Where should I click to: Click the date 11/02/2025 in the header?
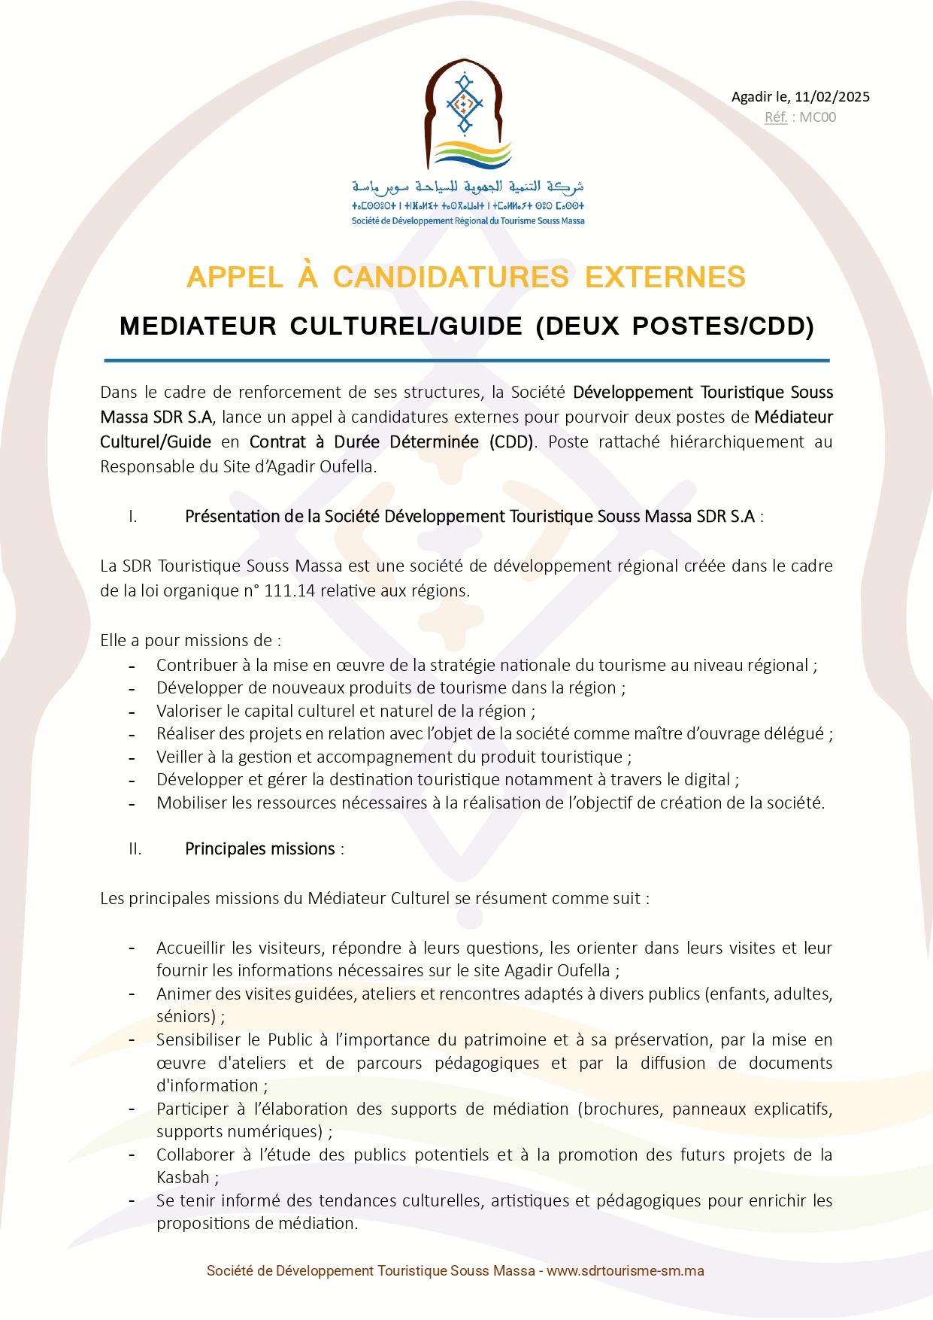pyautogui.click(x=832, y=96)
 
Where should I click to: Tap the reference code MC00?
pyautogui.click(x=817, y=117)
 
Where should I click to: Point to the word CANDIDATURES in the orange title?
pyautogui.click(x=450, y=277)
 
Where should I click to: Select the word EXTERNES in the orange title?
pyautogui.click(x=665, y=277)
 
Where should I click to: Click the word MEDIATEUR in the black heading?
pyautogui.click(x=198, y=326)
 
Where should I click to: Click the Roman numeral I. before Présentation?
pyautogui.click(x=133, y=516)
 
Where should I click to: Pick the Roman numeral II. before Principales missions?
pyautogui.click(x=135, y=848)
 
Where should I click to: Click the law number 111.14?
pyautogui.click(x=289, y=590)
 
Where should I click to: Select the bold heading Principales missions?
pyautogui.click(x=260, y=848)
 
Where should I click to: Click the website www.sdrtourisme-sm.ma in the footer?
pyautogui.click(x=625, y=1270)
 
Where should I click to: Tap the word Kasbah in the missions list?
pyautogui.click(x=183, y=1177)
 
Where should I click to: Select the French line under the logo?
pyautogui.click(x=468, y=221)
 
